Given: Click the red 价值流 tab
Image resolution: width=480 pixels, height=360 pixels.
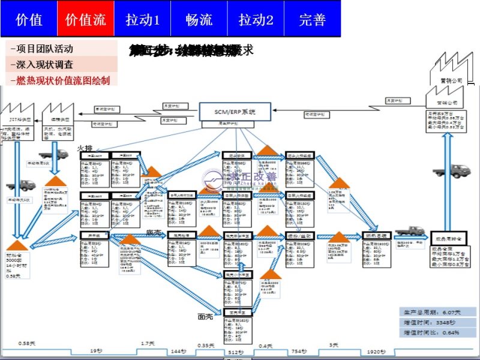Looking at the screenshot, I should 85,19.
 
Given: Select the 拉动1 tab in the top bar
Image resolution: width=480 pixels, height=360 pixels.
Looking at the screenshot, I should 142,19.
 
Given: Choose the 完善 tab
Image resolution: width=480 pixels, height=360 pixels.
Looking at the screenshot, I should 312,19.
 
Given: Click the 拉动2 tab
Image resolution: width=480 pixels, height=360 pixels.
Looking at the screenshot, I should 256,19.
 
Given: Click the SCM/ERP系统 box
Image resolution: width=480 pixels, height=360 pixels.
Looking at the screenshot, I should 235,111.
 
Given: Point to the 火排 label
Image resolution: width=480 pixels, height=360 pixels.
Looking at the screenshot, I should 85,148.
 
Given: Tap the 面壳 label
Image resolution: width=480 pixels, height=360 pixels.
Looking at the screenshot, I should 206,316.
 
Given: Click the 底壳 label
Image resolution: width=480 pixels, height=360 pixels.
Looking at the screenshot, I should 154,232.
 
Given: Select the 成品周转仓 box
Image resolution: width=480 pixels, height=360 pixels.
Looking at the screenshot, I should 446,235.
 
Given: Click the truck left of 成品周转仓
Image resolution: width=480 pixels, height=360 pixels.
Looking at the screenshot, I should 410,231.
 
